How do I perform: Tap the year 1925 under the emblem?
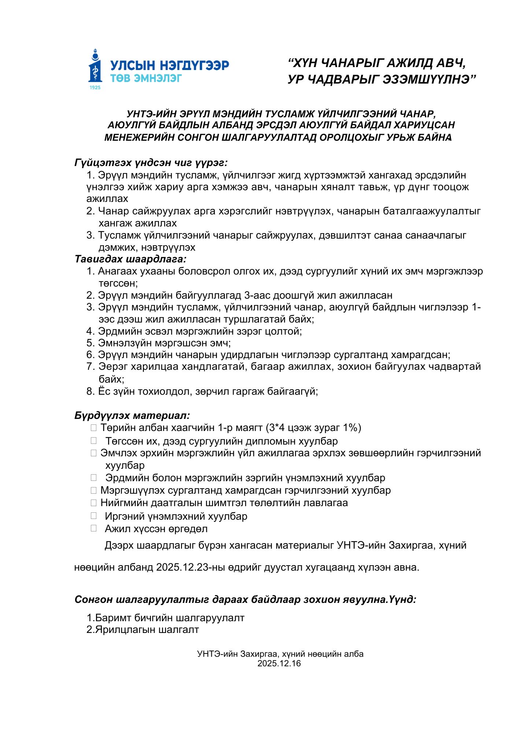95,88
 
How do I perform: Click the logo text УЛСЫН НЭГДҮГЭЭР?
170,65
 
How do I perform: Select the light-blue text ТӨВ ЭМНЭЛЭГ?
146,78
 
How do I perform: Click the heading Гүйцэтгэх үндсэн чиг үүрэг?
151,162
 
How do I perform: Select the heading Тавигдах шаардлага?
130,259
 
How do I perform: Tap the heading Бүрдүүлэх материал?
132,415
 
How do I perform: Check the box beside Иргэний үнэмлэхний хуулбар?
94,516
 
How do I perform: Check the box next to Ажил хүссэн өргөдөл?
94,528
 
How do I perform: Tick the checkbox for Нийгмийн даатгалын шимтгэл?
94,503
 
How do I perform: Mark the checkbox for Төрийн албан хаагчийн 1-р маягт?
94,428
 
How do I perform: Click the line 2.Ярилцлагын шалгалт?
143,630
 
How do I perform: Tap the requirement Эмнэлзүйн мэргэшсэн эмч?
164,343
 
